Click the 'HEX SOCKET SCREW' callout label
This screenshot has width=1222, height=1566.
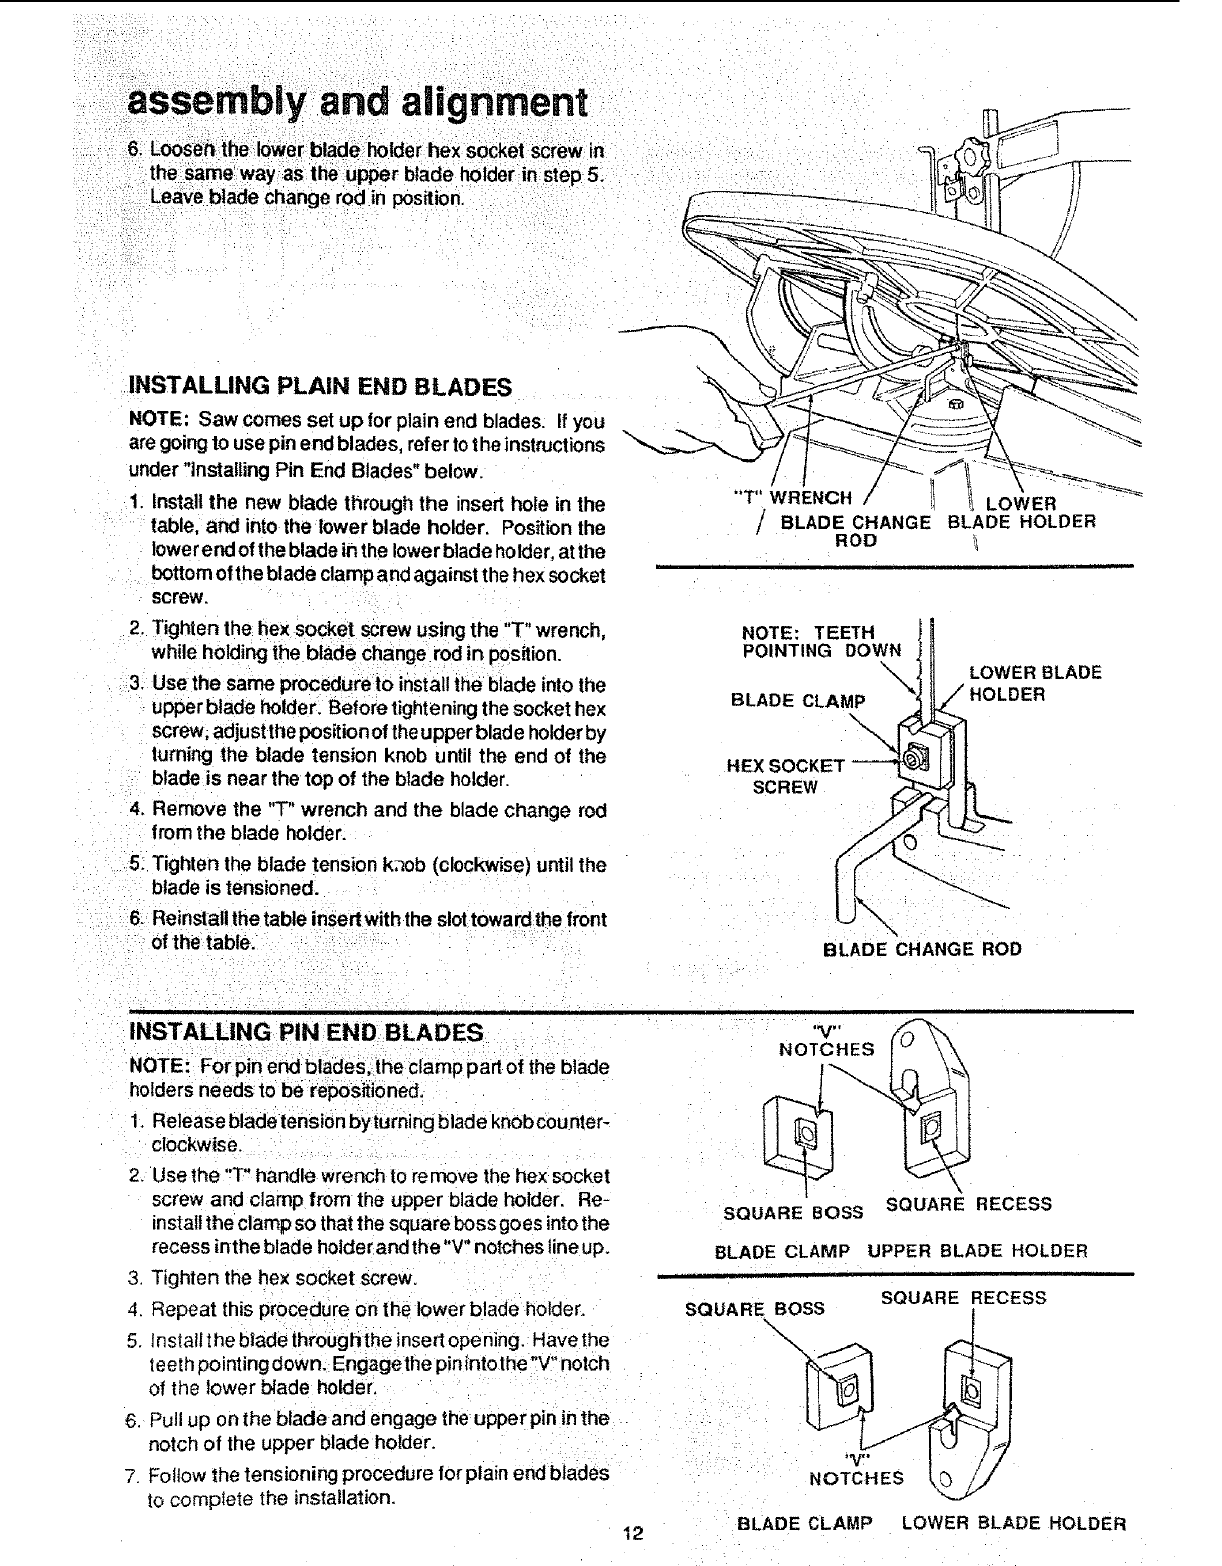pyautogui.click(x=786, y=776)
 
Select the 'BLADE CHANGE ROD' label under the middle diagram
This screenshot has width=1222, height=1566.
pyautogui.click(x=922, y=949)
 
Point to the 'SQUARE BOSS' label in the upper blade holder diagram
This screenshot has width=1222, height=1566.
pyautogui.click(x=793, y=1213)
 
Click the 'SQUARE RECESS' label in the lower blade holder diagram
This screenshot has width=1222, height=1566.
pyautogui.click(x=963, y=1297)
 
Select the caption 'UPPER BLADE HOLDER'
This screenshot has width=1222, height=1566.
pyautogui.click(x=977, y=1251)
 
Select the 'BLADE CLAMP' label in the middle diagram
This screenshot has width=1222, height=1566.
pyautogui.click(x=797, y=699)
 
